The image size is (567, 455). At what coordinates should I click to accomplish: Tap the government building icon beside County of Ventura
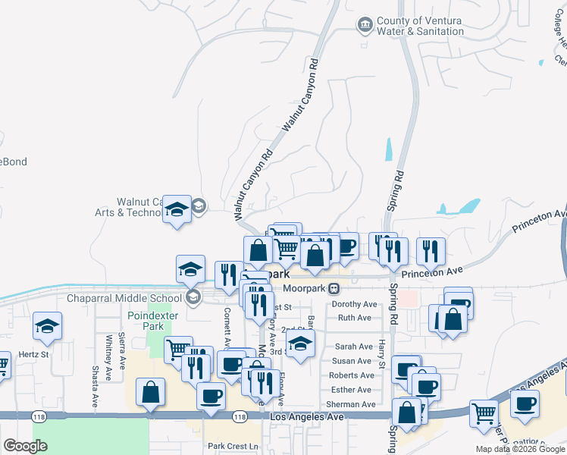[365, 25]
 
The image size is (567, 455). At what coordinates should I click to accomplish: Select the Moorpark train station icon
[334, 289]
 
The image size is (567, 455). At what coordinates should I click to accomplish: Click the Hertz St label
[33, 354]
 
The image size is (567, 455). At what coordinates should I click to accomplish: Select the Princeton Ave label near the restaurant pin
[432, 271]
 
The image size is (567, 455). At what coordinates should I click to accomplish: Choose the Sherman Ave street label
[352, 404]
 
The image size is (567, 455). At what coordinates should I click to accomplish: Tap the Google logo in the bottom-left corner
[25, 447]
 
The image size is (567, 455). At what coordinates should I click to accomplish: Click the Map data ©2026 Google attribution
[519, 449]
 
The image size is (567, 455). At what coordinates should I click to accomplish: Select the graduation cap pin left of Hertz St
[47, 327]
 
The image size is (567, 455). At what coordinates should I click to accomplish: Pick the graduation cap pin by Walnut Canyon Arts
[177, 209]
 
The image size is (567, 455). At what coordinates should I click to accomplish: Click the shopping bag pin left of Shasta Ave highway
[150, 392]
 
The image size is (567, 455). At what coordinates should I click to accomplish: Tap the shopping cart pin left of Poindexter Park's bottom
[177, 350]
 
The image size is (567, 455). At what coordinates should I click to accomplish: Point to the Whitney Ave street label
[110, 358]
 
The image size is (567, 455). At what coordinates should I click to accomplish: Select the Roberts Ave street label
[352, 375]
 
